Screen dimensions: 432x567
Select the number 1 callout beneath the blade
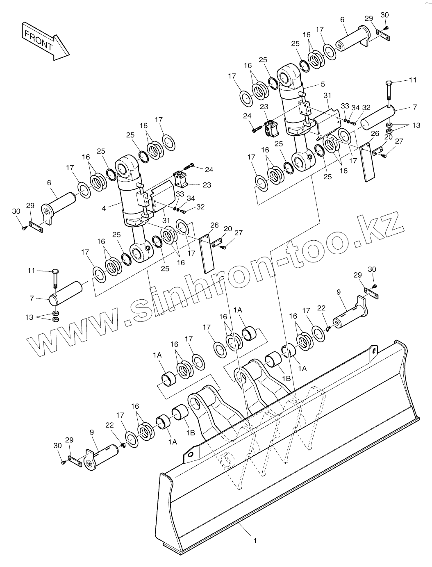[x=255, y=541]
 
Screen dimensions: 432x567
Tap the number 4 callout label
[x=104, y=208]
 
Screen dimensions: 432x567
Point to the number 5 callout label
[x=323, y=84]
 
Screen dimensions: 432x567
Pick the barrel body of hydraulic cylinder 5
[x=292, y=107]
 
